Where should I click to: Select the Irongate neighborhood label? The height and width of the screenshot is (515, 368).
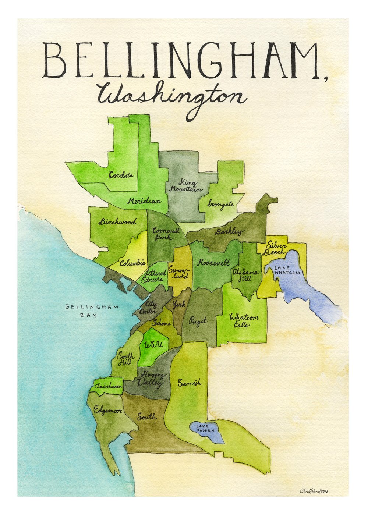click(220, 204)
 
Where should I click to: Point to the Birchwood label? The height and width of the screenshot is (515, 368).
click(117, 222)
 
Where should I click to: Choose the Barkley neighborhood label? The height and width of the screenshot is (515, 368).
click(229, 232)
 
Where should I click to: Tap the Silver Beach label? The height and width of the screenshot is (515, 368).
click(276, 249)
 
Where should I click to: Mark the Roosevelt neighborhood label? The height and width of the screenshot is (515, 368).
click(213, 263)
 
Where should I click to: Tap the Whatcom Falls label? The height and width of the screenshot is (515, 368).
click(244, 320)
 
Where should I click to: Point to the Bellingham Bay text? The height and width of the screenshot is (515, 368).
click(92, 311)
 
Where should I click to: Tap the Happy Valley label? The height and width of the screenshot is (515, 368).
click(152, 379)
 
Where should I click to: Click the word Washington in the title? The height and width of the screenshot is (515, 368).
click(171, 98)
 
